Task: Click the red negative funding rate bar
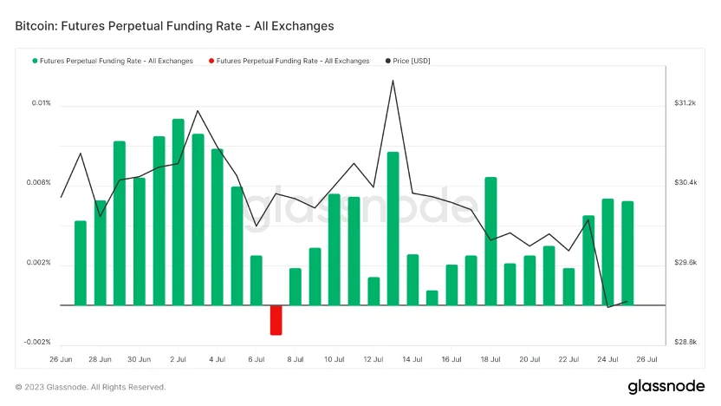[x=276, y=320]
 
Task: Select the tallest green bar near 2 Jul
[x=178, y=212]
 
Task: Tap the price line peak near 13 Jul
[x=393, y=81]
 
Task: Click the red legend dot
[x=211, y=61]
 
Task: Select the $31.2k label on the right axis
[x=685, y=103]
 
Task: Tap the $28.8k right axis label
[x=685, y=342]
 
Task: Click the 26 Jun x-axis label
[x=61, y=358]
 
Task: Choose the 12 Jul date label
[x=373, y=358]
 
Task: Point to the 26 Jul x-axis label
[x=646, y=358]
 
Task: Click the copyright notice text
[x=90, y=387]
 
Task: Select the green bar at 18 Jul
[x=490, y=241]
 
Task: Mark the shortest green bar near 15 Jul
[x=432, y=298]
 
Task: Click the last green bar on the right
[x=627, y=253]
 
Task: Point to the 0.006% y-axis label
[x=40, y=183]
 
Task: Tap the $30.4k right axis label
[x=685, y=183]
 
